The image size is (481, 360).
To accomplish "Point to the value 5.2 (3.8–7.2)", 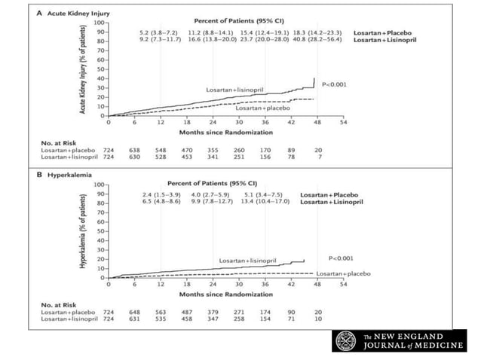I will pos(158,33).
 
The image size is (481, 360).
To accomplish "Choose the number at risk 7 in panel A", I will pos(317,156).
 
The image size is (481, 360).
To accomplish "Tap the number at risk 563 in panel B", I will pos(160,312).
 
